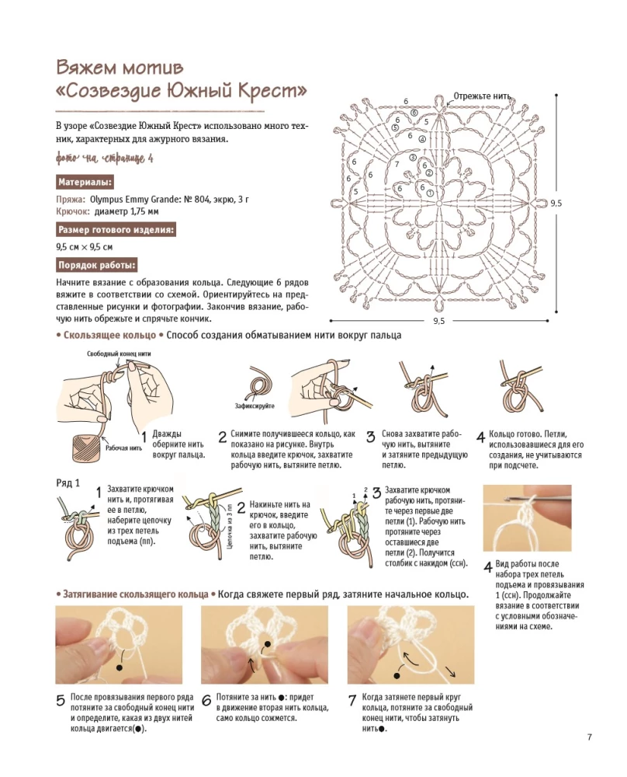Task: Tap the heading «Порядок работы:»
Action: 97,265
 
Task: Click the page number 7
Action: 590,737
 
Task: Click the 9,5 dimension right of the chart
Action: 556,203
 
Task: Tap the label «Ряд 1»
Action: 68,483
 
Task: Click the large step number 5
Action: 61,702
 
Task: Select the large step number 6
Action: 206,702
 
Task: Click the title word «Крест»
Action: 270,91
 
